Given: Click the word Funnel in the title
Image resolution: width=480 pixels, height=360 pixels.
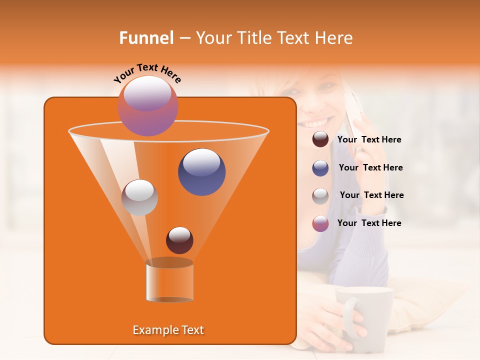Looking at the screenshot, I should coord(146,38).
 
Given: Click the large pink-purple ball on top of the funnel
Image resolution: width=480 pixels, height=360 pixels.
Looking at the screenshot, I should coord(148,106).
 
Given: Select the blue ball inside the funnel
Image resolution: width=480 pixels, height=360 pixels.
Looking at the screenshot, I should coord(201,172).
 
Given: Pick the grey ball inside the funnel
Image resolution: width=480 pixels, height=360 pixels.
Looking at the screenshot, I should coord(139,197).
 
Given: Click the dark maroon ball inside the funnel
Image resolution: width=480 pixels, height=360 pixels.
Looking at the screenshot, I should coord(179,240).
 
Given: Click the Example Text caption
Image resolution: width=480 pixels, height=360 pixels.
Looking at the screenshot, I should coord(168,330).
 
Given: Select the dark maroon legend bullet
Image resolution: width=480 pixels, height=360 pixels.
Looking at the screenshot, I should coord(320,139).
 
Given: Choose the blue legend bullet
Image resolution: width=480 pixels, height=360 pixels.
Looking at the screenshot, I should coord(320,167).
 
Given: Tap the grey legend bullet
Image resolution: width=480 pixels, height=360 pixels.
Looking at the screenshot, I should coord(320,195).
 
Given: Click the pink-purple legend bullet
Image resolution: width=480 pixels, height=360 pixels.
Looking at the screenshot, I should coord(320,223).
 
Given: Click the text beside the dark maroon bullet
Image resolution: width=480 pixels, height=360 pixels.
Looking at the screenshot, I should coord(369,140).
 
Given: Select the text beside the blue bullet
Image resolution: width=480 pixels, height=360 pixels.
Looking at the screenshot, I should coord(370,168).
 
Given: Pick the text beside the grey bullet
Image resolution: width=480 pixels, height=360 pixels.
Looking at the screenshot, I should coord(371,195).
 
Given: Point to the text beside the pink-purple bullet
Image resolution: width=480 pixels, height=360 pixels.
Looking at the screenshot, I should coord(369,223).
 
